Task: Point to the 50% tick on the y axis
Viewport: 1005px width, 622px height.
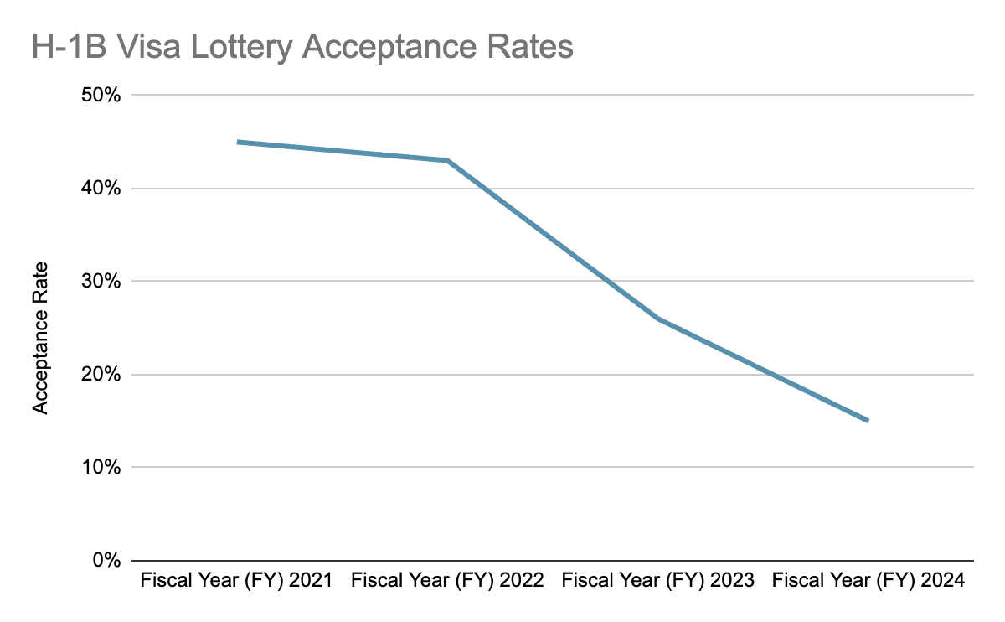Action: pos(103,96)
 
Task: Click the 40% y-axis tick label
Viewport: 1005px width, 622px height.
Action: pos(103,189)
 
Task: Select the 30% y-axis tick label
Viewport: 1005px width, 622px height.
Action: pos(103,282)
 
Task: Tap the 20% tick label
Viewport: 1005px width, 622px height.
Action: pos(103,375)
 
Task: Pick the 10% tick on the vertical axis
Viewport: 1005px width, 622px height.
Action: pos(103,468)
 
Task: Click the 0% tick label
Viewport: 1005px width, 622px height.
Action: pos(107,561)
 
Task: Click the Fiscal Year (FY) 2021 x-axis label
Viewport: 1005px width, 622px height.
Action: pos(237,580)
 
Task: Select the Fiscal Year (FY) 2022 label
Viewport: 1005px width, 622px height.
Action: pos(447,580)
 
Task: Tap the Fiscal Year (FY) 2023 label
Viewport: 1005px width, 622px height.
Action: pos(658,580)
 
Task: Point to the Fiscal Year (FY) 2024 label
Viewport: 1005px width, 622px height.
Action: pos(868,580)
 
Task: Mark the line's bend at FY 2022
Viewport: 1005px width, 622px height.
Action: pos(448,160)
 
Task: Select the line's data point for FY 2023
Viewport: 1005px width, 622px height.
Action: pos(658,319)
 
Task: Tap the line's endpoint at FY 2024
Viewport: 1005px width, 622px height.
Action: pos(868,420)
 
